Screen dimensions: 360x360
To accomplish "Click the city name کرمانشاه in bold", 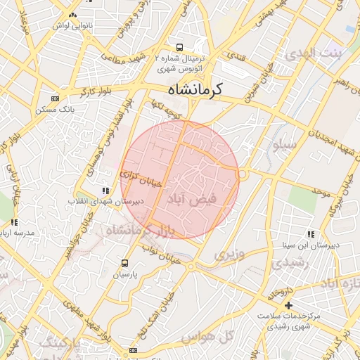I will coord(195,90).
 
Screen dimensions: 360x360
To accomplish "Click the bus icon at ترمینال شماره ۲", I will coord(180,48).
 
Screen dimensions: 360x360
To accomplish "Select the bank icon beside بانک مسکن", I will coord(56,98).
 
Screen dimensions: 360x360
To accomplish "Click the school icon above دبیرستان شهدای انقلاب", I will coord(105,190).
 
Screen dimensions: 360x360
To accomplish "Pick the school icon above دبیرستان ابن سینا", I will coord(310,234).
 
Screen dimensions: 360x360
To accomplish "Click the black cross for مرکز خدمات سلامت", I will coord(288,304).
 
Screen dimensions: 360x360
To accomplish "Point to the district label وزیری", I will coord(230,253).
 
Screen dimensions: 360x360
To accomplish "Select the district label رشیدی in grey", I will coord(287,263).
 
